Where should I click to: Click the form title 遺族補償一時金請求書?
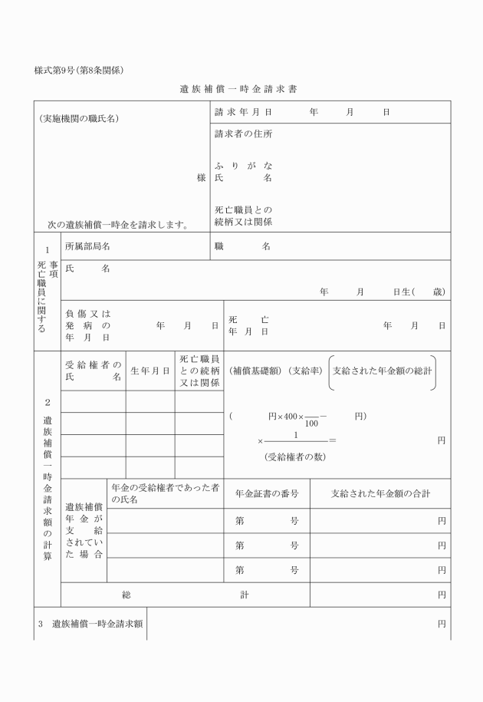tap(238, 89)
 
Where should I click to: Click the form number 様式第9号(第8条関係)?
tap(79, 71)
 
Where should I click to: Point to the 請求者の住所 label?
tap(243, 133)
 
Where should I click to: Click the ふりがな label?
tap(243, 165)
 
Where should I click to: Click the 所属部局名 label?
tap(88, 246)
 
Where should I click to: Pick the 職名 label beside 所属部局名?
tap(242, 246)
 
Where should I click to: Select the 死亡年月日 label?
tap(248, 325)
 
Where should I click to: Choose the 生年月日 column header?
tap(150, 371)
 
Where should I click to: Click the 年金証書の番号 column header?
tap(267, 493)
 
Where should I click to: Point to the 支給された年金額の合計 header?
tap(379, 493)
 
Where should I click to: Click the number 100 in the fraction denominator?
tap(311, 423)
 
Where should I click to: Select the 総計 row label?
tap(185, 594)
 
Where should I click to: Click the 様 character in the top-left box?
tap(201, 177)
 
